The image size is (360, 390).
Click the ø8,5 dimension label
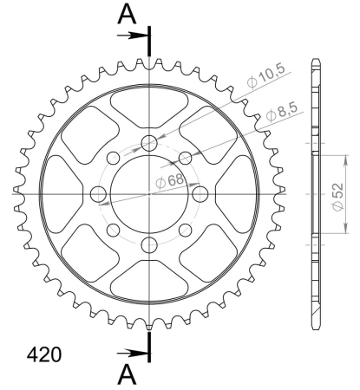(x=282, y=112)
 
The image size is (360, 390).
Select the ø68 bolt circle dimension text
(x=169, y=181)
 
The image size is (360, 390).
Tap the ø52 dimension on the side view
(x=337, y=197)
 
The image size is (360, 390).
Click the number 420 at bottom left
(x=44, y=354)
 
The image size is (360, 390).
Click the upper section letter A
(x=127, y=15)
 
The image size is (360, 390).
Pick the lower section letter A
(x=127, y=374)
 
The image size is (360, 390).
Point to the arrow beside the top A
(x=133, y=36)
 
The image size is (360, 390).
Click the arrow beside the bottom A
(x=133, y=353)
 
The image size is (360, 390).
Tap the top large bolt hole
(x=149, y=143)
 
